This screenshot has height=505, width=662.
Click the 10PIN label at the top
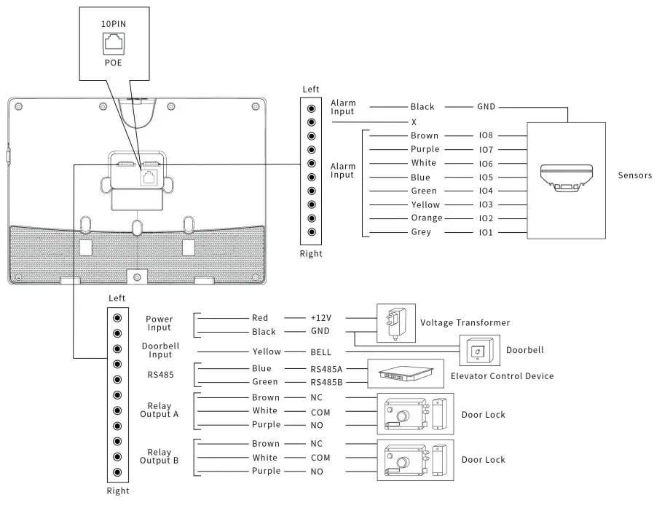(x=113, y=24)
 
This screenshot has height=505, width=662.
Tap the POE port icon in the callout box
(x=113, y=43)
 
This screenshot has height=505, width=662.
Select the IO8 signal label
(x=486, y=135)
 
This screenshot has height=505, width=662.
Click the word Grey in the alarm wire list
(x=421, y=232)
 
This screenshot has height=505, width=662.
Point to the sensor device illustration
(x=566, y=178)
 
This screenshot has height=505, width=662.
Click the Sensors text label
(x=634, y=175)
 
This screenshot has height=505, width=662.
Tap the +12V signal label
(x=320, y=318)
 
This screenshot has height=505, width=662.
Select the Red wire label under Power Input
(x=260, y=318)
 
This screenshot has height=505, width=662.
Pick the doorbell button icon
(x=477, y=352)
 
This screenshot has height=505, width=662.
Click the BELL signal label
(x=320, y=352)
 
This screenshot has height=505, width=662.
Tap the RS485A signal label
(x=326, y=369)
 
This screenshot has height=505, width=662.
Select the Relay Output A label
(x=159, y=410)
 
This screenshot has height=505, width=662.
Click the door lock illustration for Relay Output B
(x=414, y=459)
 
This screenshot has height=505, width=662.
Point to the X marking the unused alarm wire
(x=414, y=122)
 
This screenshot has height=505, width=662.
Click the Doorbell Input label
(x=160, y=350)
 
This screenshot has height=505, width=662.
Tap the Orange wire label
(x=426, y=218)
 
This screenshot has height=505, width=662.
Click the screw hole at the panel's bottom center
(x=136, y=278)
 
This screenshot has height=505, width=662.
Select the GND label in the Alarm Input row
(x=486, y=107)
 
